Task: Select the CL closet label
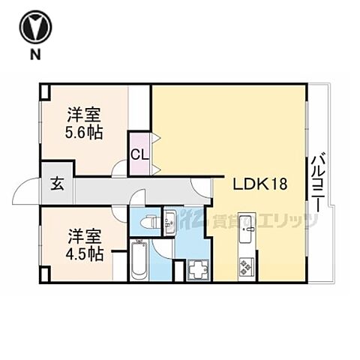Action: coord(139,155)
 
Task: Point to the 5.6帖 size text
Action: coord(84,133)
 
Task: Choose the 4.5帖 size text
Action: coord(84,254)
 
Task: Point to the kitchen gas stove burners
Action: coord(246,265)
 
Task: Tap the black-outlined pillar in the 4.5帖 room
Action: coord(44,273)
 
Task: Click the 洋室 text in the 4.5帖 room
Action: coord(84,235)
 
